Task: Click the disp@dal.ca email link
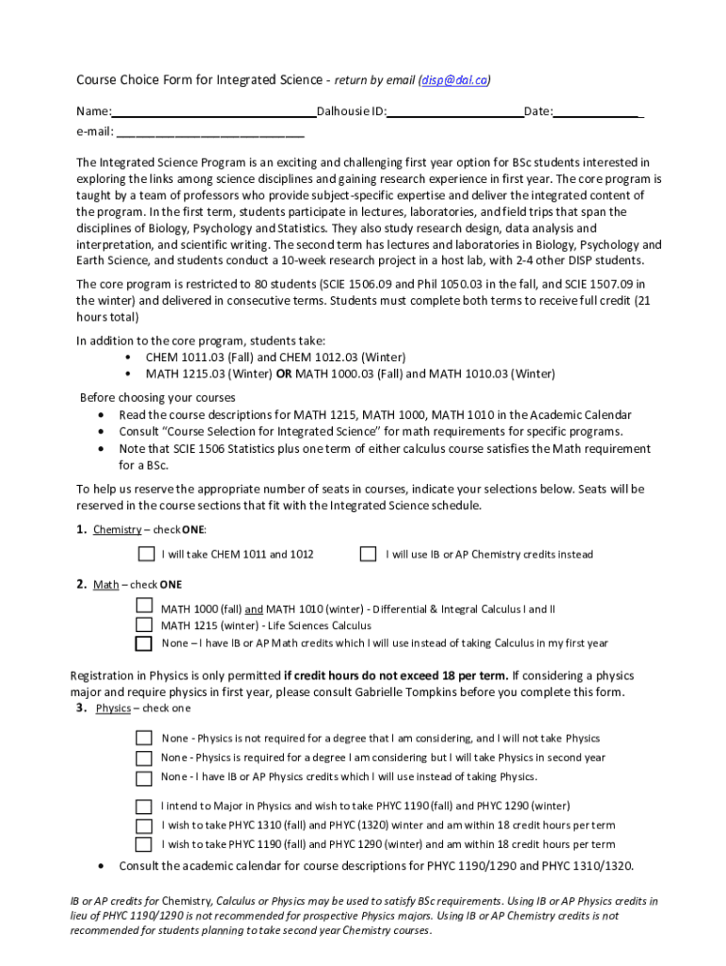click(x=454, y=80)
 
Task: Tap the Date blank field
click(x=597, y=112)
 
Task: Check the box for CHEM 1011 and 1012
click(x=146, y=554)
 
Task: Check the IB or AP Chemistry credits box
click(x=368, y=554)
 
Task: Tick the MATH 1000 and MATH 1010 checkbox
click(x=143, y=606)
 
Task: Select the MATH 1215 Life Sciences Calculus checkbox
click(x=143, y=625)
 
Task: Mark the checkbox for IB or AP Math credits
click(x=143, y=643)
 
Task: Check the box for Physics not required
click(x=143, y=738)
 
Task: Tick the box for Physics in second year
click(x=143, y=758)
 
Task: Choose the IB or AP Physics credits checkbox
click(x=143, y=777)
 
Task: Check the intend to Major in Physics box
click(x=143, y=807)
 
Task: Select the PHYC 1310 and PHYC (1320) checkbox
click(x=143, y=825)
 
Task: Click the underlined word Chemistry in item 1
click(x=117, y=529)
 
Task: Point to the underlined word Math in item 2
click(x=106, y=585)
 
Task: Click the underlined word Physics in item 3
click(x=113, y=708)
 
